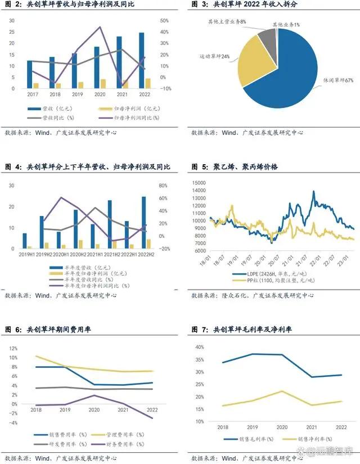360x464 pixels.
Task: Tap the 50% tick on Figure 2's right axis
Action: click(164, 20)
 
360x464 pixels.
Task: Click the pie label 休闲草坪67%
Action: click(341, 81)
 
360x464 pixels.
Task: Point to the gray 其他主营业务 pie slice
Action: click(268, 40)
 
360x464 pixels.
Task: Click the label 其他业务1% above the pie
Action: click(286, 25)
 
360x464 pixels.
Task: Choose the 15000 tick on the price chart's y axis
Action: click(200, 183)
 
